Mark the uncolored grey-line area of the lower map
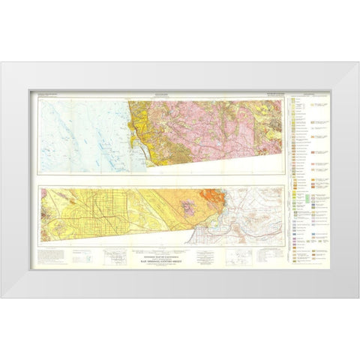(x=255, y=217)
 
